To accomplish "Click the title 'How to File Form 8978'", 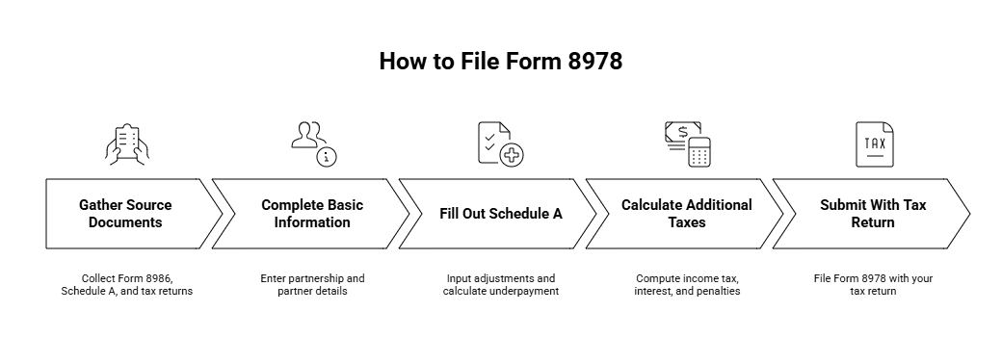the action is click(500, 61).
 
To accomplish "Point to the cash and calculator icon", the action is click(687, 143).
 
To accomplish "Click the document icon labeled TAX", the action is click(874, 144).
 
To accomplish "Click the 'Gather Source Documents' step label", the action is click(125, 214).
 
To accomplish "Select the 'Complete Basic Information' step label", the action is click(312, 214).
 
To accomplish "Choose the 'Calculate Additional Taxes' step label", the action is click(686, 214).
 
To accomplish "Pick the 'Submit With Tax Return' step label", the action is click(873, 214).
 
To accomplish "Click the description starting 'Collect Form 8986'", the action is click(125, 284).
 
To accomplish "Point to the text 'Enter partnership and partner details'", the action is click(312, 284).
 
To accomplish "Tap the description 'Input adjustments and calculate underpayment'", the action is click(500, 284).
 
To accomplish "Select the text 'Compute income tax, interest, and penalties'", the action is click(687, 284).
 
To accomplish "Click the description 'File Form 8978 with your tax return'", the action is click(873, 284).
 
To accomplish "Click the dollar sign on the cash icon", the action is click(682, 132).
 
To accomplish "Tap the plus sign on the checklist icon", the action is click(511, 153).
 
